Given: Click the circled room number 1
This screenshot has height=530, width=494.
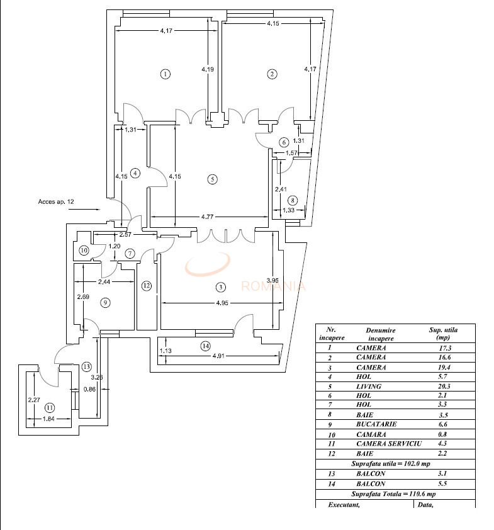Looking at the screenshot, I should pyautogui.click(x=165, y=74).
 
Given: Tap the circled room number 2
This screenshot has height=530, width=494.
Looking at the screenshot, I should pyautogui.click(x=272, y=74).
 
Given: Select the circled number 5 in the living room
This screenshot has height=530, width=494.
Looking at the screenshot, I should pyautogui.click(x=213, y=179).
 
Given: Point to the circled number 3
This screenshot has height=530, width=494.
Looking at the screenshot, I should pyautogui.click(x=220, y=288).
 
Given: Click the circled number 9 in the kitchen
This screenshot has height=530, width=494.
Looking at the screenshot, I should pyautogui.click(x=105, y=303).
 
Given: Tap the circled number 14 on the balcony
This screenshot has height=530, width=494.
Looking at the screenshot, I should pyautogui.click(x=205, y=346).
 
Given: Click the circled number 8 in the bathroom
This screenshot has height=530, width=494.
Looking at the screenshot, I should pyautogui.click(x=292, y=201).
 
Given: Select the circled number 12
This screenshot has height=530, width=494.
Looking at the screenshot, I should pyautogui.click(x=146, y=286).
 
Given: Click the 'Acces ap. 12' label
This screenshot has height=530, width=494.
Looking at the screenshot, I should pyautogui.click(x=56, y=201).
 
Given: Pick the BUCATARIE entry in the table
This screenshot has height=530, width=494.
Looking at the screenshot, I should pyautogui.click(x=376, y=424).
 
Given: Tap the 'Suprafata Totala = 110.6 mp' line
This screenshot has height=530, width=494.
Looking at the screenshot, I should pyautogui.click(x=395, y=494).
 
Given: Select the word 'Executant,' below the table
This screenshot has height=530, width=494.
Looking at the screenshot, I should pyautogui.click(x=344, y=504).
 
